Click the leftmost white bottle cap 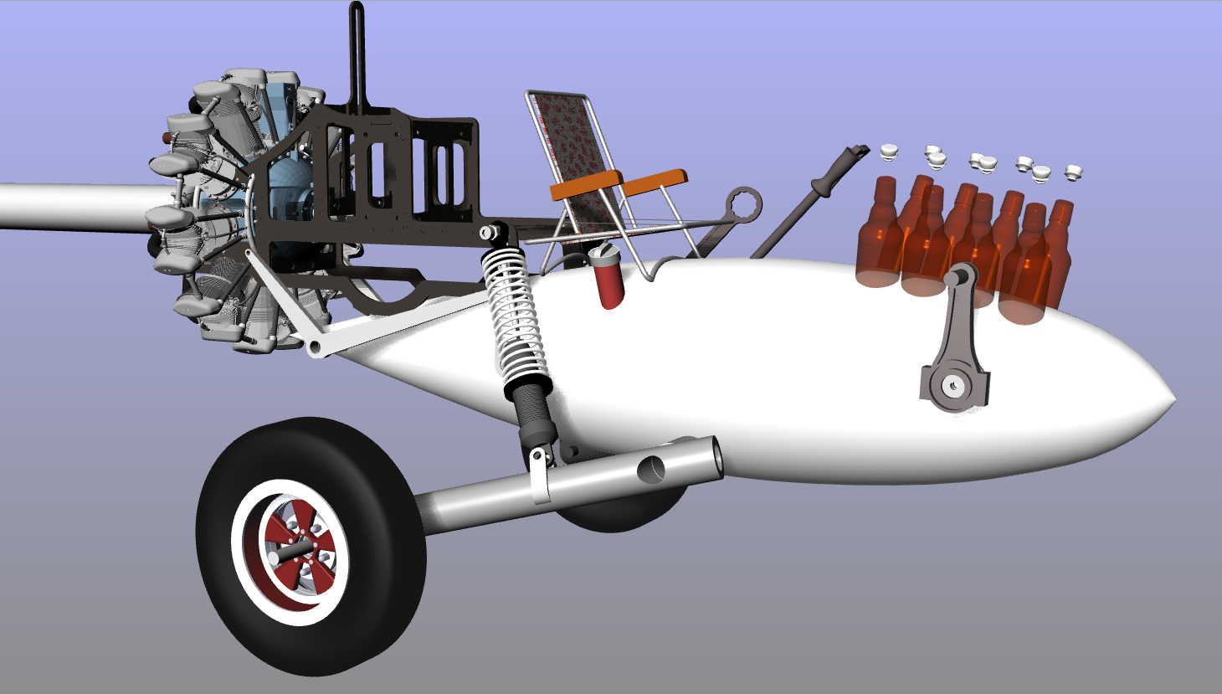click(889, 152)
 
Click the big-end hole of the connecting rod click(952, 387)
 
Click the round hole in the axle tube click(651, 470)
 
